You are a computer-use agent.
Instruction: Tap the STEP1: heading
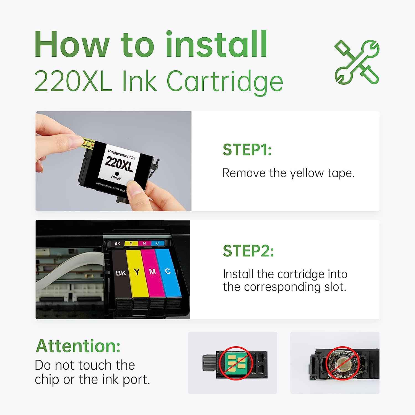click(x=247, y=150)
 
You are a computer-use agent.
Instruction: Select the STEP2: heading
click(x=248, y=251)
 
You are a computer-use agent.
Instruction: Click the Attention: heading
click(x=78, y=346)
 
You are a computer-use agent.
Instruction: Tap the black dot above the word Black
click(x=117, y=173)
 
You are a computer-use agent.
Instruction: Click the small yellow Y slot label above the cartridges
click(x=131, y=243)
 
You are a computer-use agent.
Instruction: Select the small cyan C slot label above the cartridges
click(x=157, y=243)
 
